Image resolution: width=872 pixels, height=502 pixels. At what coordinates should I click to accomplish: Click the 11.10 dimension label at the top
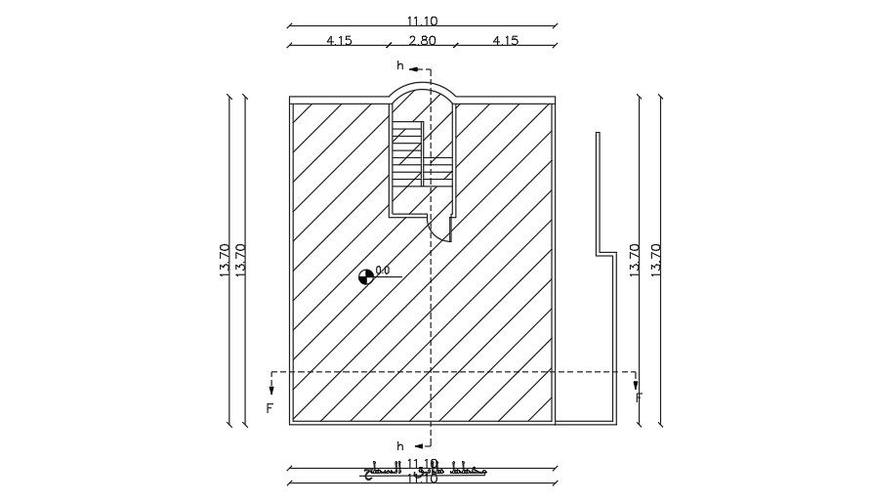(422, 19)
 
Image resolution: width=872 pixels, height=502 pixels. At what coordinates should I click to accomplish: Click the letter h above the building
(398, 65)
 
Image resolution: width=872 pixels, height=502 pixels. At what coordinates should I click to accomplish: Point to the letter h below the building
(398, 445)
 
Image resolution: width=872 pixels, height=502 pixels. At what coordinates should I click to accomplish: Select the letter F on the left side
(270, 408)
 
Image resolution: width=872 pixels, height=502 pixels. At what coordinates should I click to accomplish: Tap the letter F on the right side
(639, 398)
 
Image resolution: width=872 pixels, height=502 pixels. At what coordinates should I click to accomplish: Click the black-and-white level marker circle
(366, 276)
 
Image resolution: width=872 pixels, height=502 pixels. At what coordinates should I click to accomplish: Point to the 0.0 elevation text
(383, 271)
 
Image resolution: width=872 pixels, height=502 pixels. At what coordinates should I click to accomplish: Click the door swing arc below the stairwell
(440, 227)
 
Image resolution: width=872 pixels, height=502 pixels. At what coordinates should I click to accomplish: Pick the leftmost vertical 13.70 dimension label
(225, 261)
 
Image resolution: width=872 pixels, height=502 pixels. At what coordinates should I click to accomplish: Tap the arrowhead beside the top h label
(414, 70)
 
